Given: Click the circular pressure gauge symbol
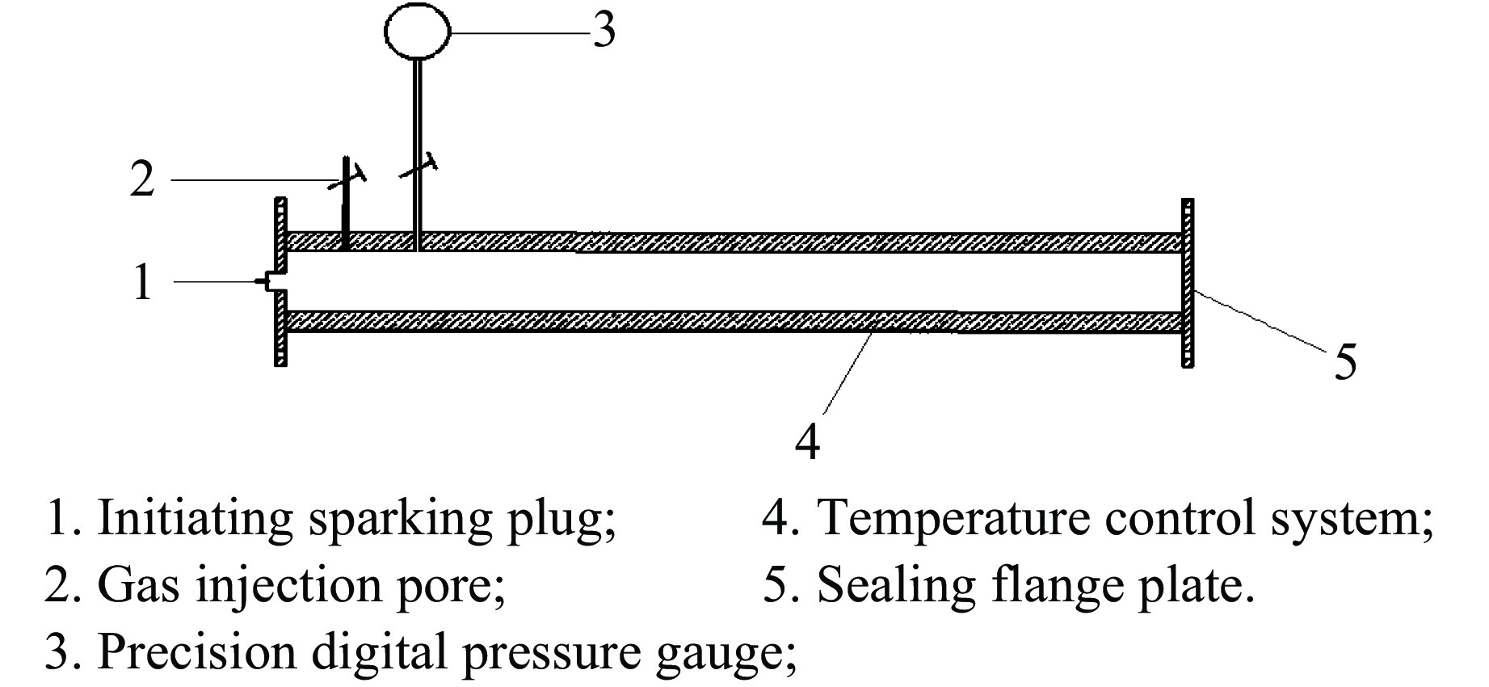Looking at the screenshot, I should click(417, 32).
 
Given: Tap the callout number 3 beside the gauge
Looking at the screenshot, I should click(604, 32).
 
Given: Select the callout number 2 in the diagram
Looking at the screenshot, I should click(142, 179).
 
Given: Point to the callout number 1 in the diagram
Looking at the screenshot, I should click(142, 282).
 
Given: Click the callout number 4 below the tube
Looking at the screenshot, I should click(807, 441).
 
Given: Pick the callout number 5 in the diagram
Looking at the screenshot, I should click(1345, 360).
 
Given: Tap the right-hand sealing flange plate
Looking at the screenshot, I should click(1187, 283).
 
